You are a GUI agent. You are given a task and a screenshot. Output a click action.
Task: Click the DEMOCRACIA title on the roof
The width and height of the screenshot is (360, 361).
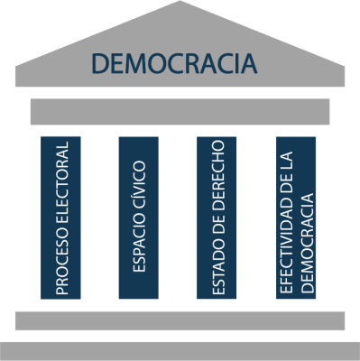click(175, 64)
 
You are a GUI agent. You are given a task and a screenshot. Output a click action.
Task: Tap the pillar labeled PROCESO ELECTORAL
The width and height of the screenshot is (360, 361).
click(61, 217)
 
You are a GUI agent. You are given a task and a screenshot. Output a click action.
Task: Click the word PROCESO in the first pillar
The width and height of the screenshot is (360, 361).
click(61, 263)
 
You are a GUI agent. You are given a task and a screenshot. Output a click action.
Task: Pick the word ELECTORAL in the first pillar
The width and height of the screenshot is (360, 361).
click(61, 185)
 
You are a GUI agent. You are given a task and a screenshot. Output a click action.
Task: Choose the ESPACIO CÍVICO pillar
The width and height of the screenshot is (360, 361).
click(139, 217)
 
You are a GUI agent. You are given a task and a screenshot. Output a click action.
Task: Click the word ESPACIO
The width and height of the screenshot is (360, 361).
click(139, 243)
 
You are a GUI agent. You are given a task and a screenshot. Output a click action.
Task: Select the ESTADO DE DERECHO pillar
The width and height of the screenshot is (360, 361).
click(217, 217)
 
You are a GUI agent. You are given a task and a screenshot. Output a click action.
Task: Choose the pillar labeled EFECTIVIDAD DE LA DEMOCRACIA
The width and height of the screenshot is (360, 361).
click(296, 217)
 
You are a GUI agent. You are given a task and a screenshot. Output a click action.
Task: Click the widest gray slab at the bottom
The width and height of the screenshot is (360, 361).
click(180, 351)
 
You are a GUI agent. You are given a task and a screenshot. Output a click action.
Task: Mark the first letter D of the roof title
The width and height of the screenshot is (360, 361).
click(99, 64)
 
